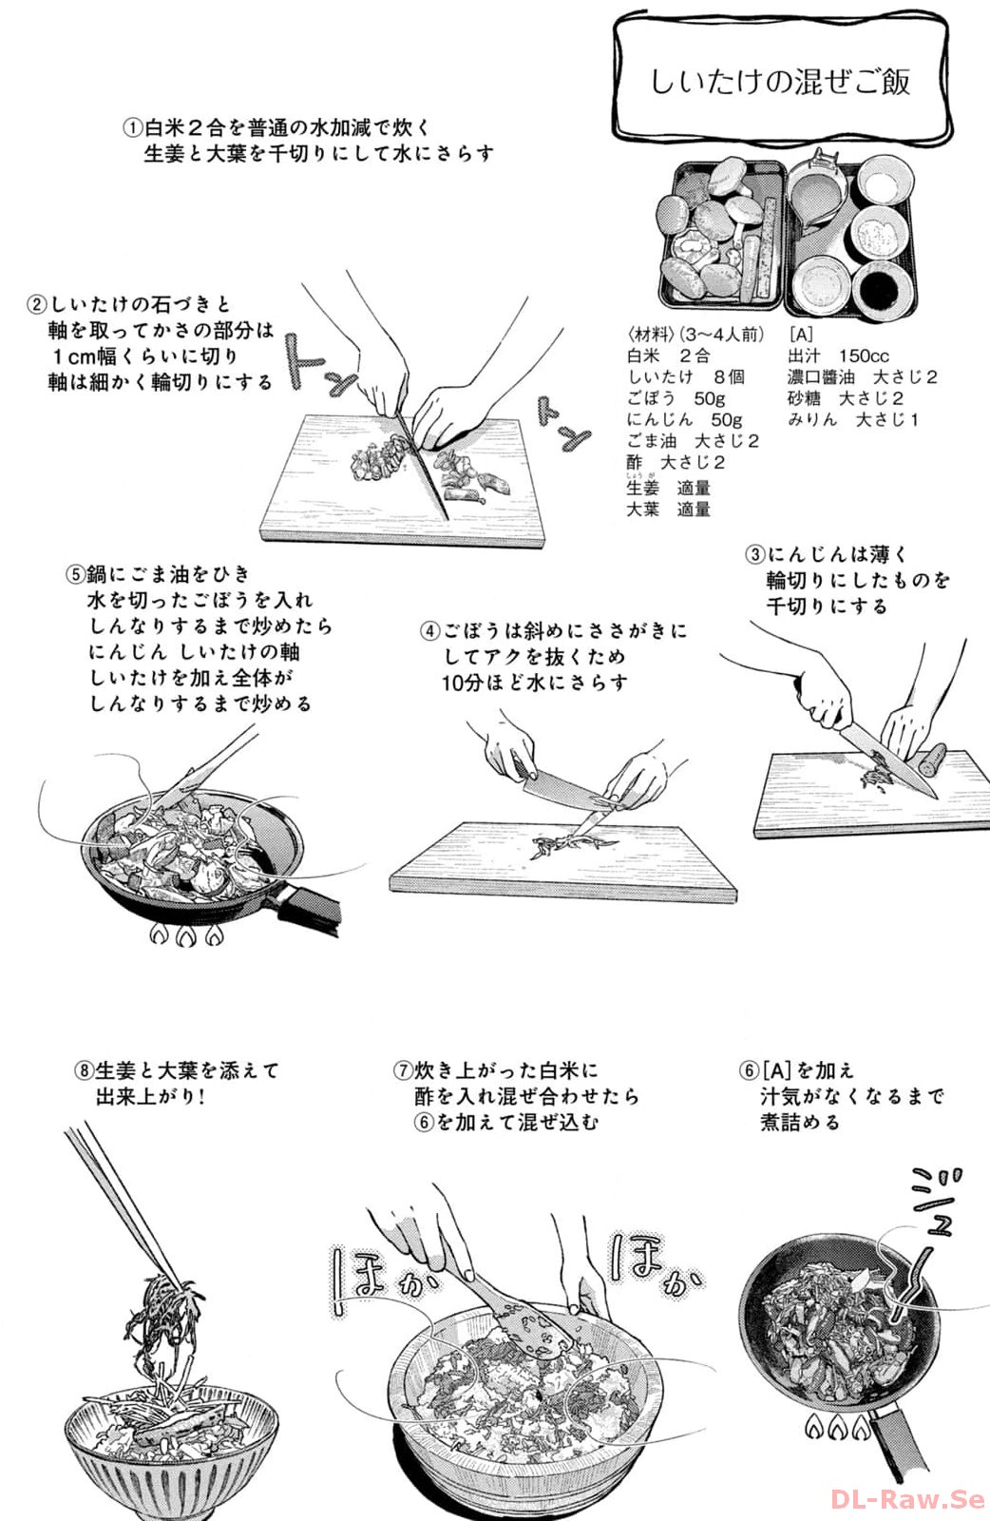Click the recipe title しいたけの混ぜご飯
[780, 82]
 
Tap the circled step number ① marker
[133, 127]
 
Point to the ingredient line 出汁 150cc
[838, 356]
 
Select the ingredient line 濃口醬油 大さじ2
[862, 376]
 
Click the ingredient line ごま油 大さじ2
[692, 441]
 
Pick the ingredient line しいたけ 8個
[685, 376]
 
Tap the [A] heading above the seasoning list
[801, 335]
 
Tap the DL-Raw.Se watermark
[908, 1497]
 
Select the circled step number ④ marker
[430, 631]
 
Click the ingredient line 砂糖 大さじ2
[845, 398]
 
